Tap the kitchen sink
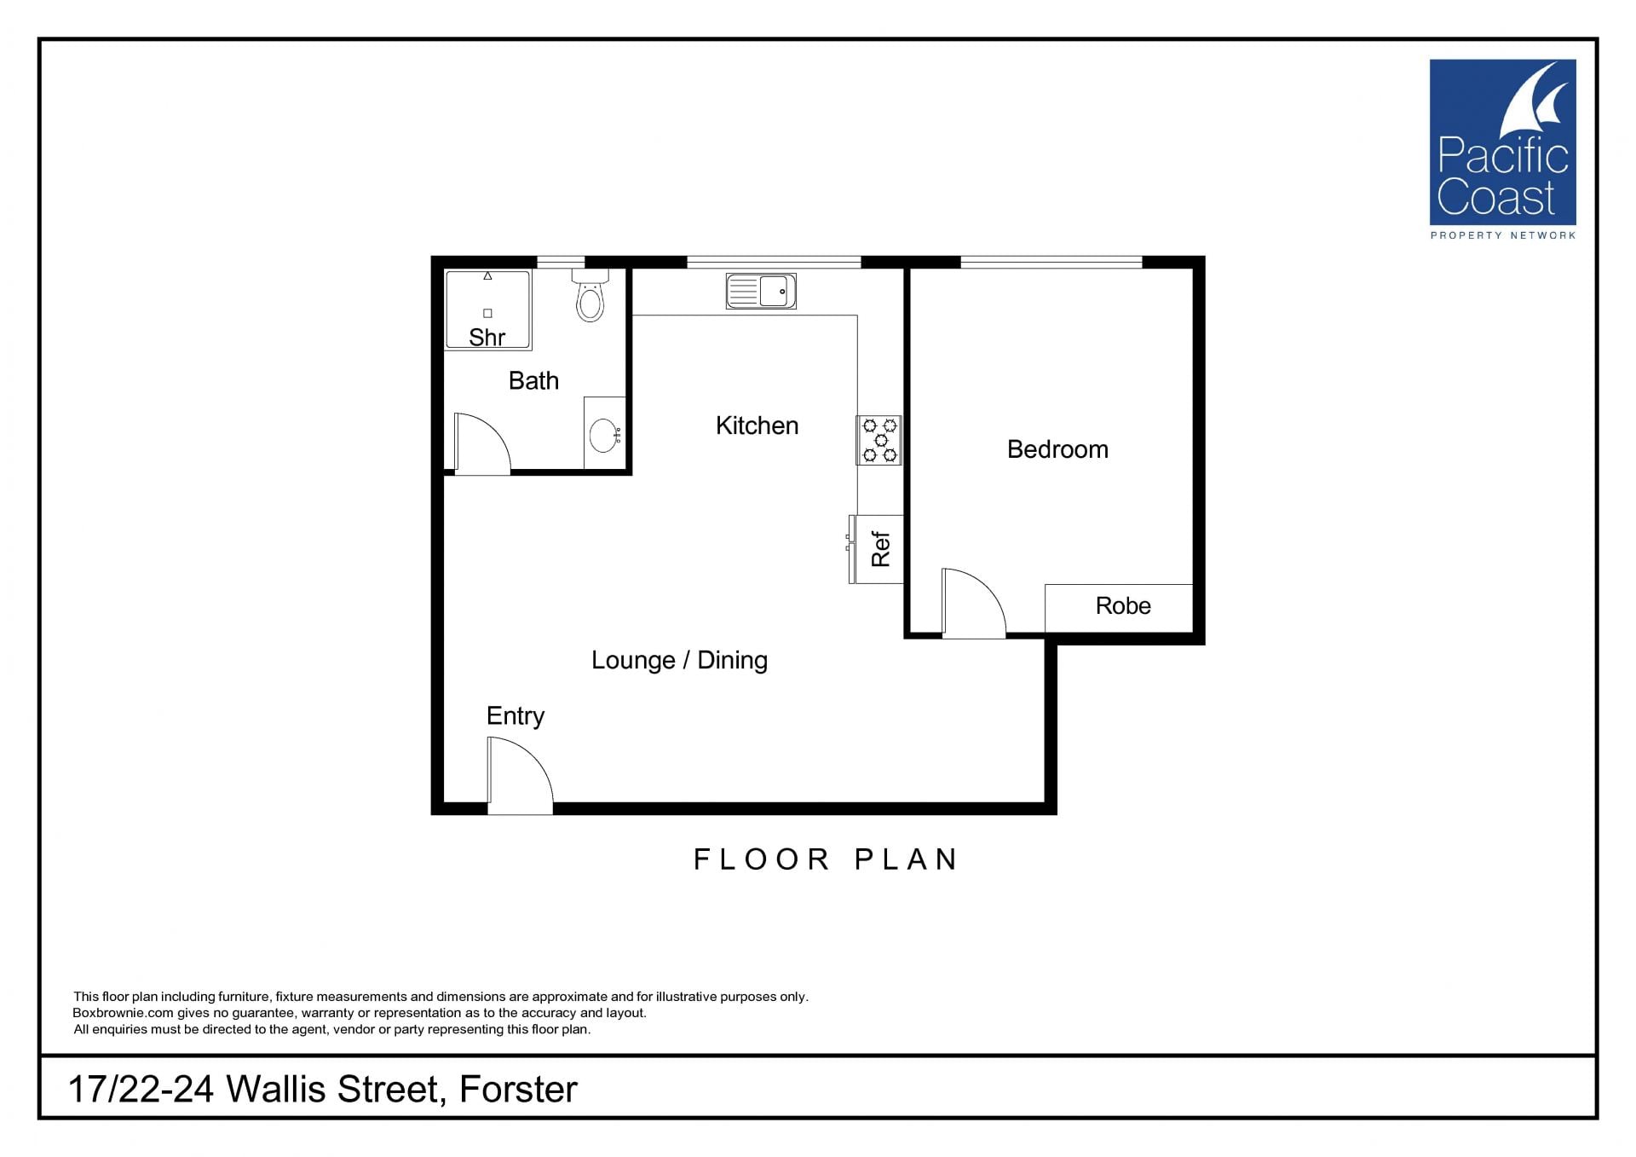click(761, 291)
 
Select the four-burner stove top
click(879, 440)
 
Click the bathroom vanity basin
click(605, 435)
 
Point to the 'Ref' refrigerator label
click(880, 549)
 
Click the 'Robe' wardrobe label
click(1123, 605)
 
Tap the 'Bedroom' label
click(1057, 449)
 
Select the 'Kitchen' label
click(757, 425)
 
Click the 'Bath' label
click(533, 380)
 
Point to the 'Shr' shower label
click(487, 338)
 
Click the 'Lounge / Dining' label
click(679, 660)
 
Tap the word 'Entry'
click(516, 716)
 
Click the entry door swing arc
click(534, 755)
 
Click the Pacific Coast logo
click(1502, 149)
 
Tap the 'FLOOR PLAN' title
click(826, 859)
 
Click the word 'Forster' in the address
click(518, 1090)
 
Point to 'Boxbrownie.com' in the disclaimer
click(123, 1013)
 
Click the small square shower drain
click(487, 314)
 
